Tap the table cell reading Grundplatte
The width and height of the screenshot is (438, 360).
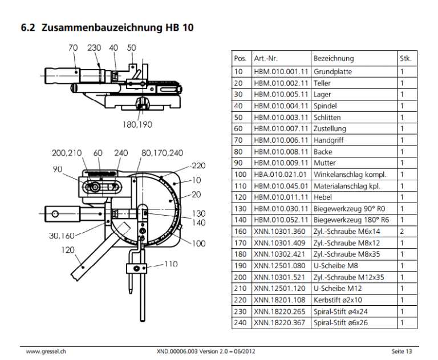332,71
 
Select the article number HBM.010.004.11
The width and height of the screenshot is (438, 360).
281,106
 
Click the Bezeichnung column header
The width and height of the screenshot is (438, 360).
333,58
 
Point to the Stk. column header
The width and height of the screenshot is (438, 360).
405,58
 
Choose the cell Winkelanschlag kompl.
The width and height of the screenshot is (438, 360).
350,174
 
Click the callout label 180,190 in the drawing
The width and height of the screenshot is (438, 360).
137,124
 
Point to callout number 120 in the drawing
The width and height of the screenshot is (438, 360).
69,249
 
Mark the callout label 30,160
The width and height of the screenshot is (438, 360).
62,235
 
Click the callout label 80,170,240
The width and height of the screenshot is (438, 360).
162,153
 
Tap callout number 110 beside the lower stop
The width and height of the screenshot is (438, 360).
171,264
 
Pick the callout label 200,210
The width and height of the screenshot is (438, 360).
67,153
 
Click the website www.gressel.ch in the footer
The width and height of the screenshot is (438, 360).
46,350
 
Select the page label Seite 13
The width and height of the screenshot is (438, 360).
401,350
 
